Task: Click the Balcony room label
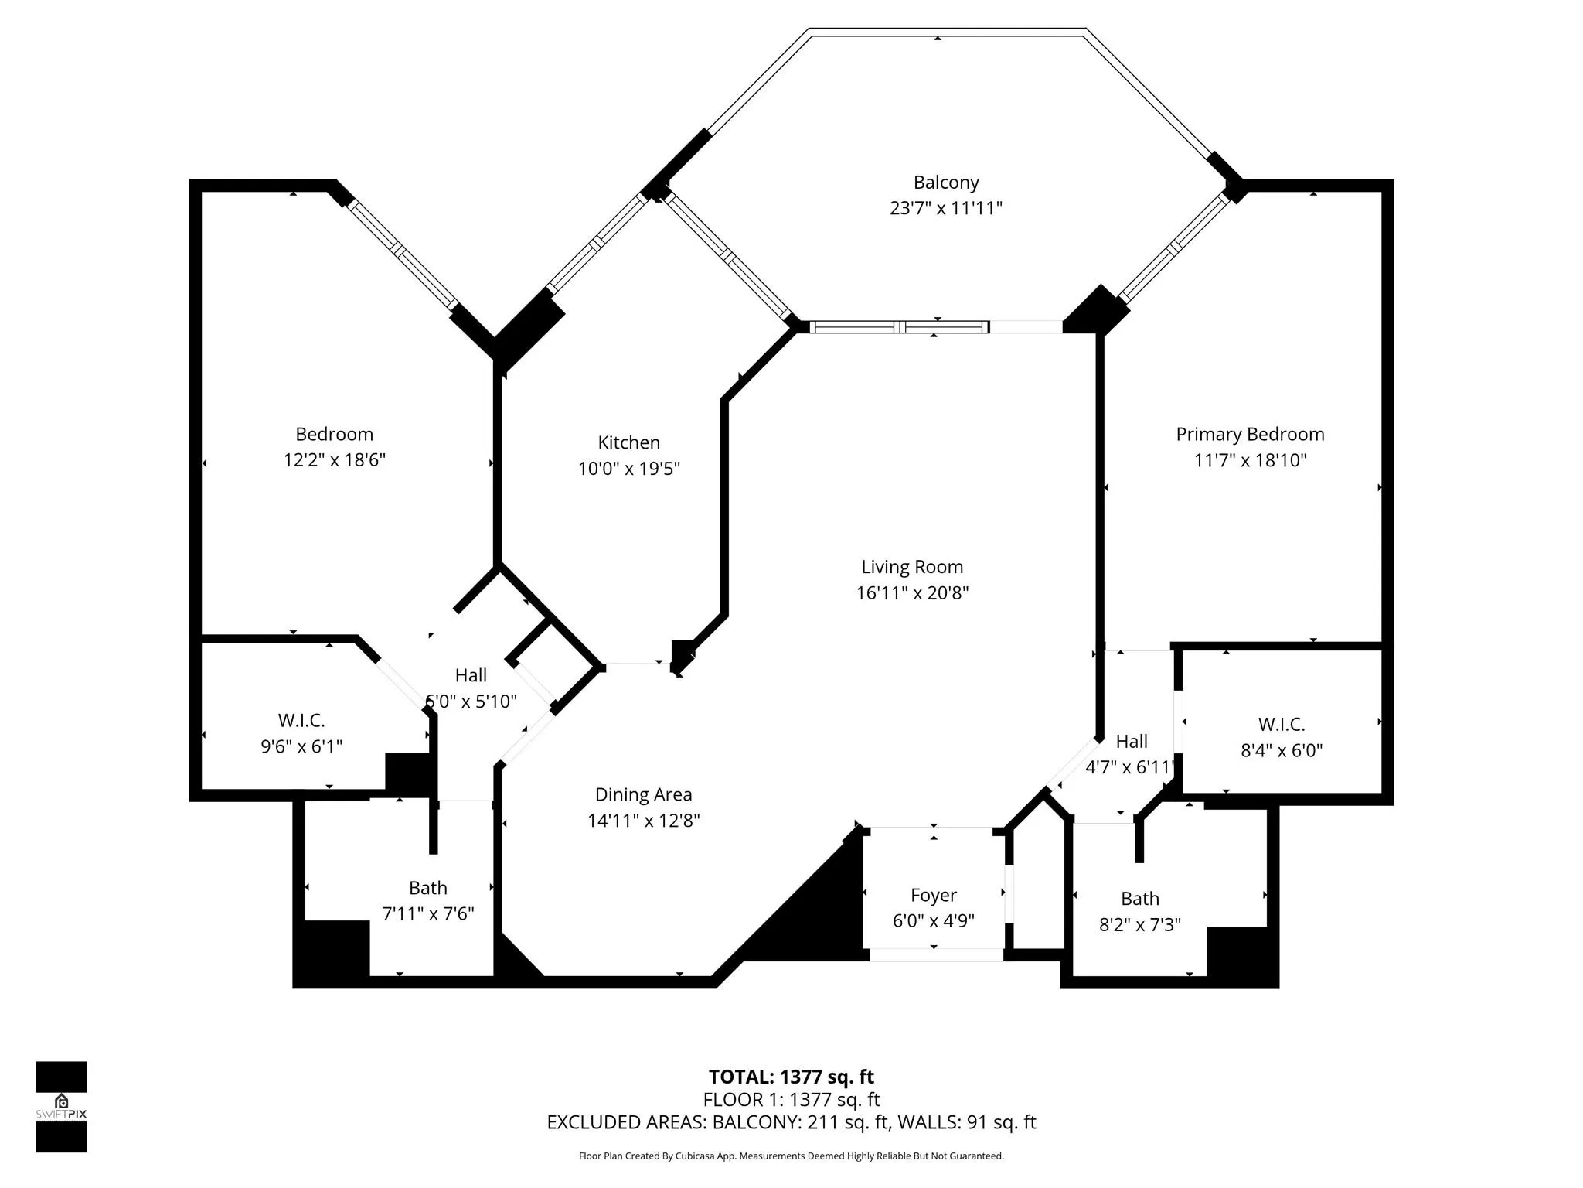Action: pos(946,183)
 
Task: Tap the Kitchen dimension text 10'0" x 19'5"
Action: pos(629,469)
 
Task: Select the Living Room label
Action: pos(912,567)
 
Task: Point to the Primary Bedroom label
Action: pos(1250,435)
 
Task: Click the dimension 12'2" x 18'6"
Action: pos(335,460)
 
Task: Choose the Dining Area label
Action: pos(643,795)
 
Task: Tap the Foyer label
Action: pos(934,896)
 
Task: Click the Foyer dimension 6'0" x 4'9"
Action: pos(934,921)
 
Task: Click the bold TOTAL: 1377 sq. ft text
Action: pos(791,1077)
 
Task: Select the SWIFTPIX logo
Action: pos(61,1107)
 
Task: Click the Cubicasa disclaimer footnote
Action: pos(791,1156)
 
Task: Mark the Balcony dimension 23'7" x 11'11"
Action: pos(946,208)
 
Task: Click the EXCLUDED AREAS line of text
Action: pos(791,1122)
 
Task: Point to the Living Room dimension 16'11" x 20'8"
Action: pos(912,593)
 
